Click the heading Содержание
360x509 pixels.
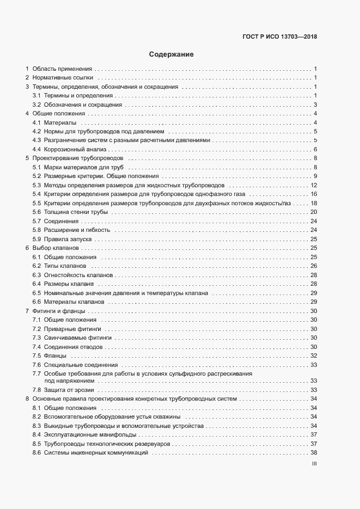pyautogui.click(x=172, y=54)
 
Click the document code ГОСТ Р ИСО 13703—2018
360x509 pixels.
pyautogui.click(x=279, y=37)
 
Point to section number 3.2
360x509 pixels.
pyautogui.click(x=36, y=105)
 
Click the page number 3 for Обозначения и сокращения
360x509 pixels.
pyautogui.click(x=315, y=105)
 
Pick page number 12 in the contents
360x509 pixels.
pyautogui.click(x=314, y=185)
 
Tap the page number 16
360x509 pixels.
pyautogui.click(x=314, y=194)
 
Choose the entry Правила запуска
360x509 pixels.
pyautogui.click(x=68, y=238)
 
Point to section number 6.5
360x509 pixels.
pyautogui.click(x=36, y=292)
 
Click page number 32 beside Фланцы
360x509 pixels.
pyautogui.click(x=314, y=355)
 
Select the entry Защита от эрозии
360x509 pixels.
pyautogui.click(x=69, y=390)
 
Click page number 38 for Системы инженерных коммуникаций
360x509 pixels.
pyautogui.click(x=314, y=453)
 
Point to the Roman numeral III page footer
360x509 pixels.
pyautogui.click(x=314, y=464)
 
